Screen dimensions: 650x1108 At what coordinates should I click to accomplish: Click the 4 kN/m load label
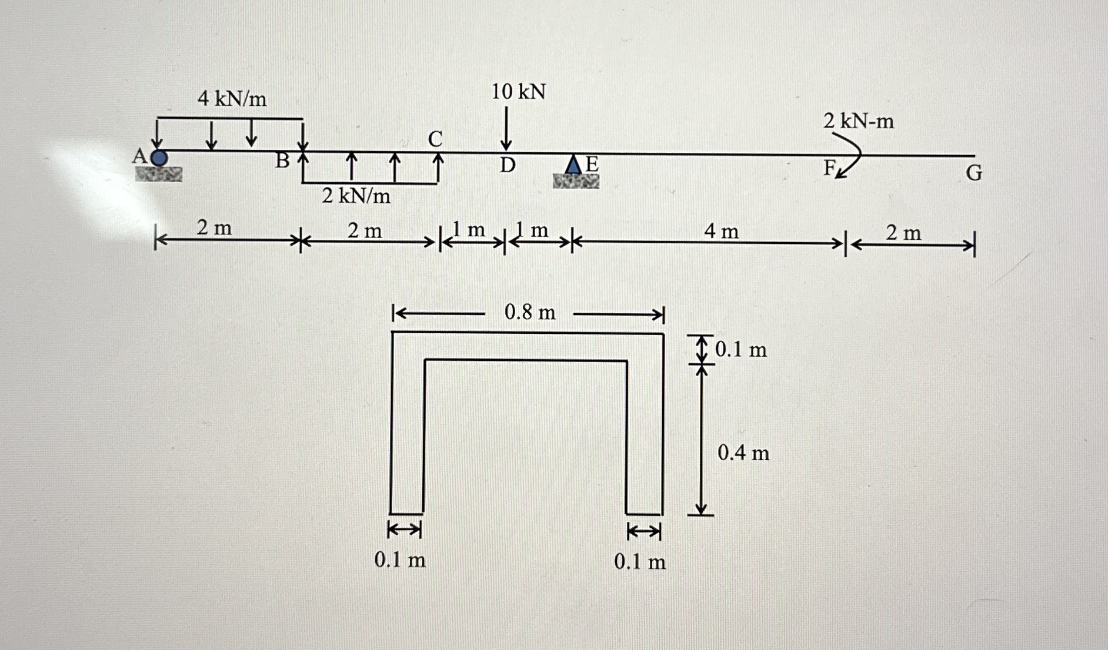point(232,99)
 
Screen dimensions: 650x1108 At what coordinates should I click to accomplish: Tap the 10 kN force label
point(518,92)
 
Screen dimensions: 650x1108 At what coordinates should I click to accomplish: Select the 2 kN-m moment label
point(858,121)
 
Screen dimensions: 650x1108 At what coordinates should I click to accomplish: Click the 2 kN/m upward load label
point(356,196)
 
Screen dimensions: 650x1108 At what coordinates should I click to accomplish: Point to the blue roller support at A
point(159,158)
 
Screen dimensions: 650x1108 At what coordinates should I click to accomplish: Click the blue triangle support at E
point(573,165)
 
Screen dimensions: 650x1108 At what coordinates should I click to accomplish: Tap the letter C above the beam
point(435,139)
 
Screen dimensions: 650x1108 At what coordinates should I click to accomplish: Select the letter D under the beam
point(508,166)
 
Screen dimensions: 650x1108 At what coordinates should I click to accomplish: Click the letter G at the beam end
point(974,173)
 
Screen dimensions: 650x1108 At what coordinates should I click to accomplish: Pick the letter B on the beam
point(283,160)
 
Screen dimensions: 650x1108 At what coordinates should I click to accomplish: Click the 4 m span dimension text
point(721,232)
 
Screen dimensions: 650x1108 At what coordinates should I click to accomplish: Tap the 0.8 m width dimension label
point(529,312)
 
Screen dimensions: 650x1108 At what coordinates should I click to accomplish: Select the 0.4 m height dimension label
point(743,453)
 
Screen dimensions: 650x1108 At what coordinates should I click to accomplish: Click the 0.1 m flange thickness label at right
point(740,350)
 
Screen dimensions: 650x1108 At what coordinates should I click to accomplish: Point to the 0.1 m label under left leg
point(400,560)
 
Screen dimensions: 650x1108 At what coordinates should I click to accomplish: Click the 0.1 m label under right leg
point(640,562)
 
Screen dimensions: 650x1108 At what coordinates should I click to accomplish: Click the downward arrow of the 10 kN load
point(506,129)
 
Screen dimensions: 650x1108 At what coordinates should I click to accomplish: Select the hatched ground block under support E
point(576,182)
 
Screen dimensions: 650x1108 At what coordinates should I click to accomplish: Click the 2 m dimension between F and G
point(903,233)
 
